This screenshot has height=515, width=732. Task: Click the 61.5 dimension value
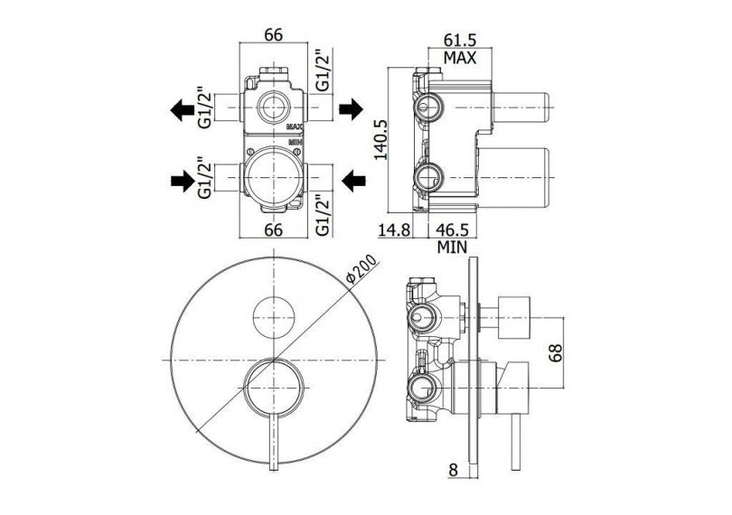point(460,40)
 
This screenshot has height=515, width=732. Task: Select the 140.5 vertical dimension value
point(381,140)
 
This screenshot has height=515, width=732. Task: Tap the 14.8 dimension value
point(395,229)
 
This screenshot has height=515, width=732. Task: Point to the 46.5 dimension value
point(452,229)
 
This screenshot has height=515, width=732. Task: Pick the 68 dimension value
point(556,352)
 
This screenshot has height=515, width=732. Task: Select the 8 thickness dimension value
point(454,470)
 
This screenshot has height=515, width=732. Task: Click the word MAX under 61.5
point(460,58)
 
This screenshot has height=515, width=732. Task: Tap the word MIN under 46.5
point(452,247)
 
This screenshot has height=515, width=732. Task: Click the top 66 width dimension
point(274,34)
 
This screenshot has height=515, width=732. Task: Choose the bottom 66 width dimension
point(274,229)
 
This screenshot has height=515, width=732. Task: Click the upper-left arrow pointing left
point(182,109)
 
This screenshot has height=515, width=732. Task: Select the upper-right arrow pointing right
point(351,109)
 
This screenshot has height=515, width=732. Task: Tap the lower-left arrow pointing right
point(183,181)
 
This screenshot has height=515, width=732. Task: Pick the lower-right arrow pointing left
point(354,181)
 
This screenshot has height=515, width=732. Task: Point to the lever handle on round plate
point(274,438)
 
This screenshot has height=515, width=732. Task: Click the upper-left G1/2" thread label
point(205,108)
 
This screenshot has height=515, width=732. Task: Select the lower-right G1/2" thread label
point(323,215)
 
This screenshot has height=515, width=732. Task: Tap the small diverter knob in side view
point(514,317)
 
